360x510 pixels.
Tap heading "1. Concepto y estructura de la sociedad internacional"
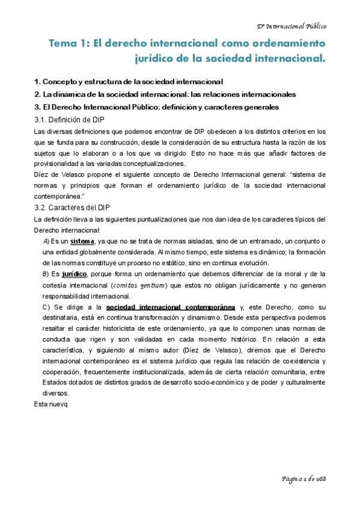[x=129, y=81]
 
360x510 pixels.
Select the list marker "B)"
[x=47, y=274]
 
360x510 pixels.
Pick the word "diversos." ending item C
[x=59, y=393]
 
